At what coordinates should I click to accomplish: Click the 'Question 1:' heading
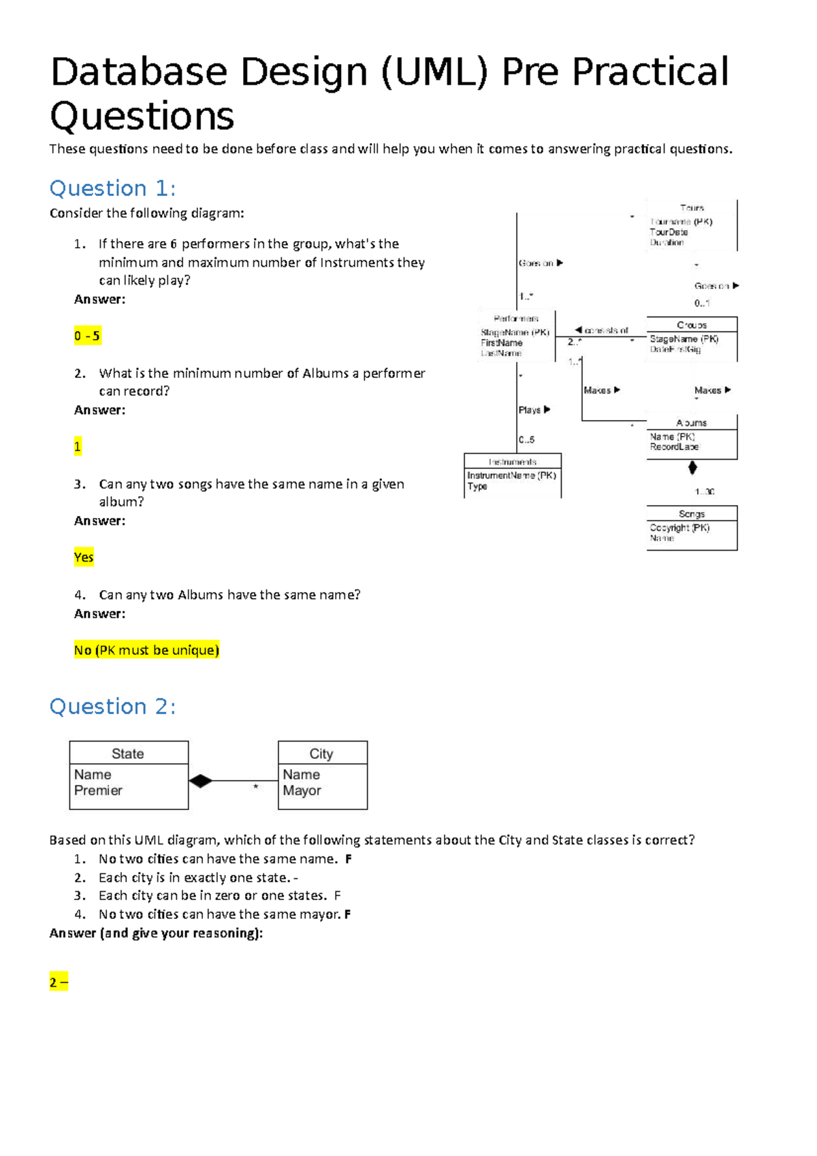(112, 189)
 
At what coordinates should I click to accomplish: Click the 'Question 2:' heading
(112, 707)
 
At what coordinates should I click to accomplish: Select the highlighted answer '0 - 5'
(87, 336)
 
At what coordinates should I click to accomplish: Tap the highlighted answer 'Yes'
(84, 558)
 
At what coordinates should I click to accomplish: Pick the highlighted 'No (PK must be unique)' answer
(146, 650)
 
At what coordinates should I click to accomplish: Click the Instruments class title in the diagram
(512, 462)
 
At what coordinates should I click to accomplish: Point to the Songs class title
(691, 514)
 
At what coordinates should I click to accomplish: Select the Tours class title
(691, 208)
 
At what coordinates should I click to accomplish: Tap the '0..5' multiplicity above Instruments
(526, 440)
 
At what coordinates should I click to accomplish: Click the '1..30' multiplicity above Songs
(704, 492)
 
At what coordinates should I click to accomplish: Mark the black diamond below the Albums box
(692, 468)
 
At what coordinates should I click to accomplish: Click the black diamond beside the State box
(200, 781)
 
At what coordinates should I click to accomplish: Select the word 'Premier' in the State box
(98, 790)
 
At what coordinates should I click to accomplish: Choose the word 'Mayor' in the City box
(302, 790)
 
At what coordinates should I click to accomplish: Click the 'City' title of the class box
(321, 754)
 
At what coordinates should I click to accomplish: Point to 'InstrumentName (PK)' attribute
(511, 475)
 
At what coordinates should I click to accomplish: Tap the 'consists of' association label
(605, 330)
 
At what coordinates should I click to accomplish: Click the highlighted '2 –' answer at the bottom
(59, 982)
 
